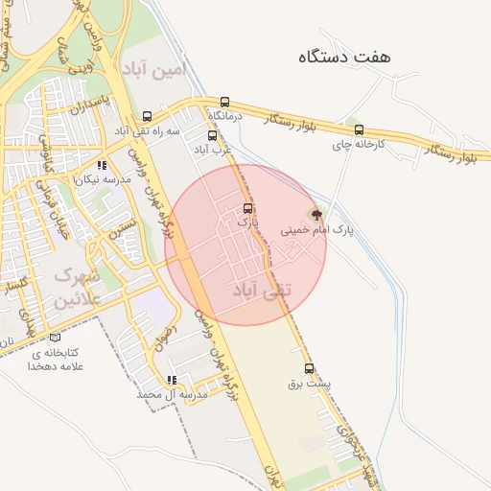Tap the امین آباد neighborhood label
(152, 68)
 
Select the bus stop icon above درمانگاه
(224, 101)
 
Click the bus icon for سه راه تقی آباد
(146, 115)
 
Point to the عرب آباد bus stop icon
(212, 135)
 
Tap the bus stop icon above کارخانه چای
(359, 130)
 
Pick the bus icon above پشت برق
(309, 368)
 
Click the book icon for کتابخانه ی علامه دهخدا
(55, 338)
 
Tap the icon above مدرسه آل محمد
(172, 380)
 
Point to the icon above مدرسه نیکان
(103, 165)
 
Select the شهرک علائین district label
(76, 287)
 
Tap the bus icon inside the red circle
(248, 207)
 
